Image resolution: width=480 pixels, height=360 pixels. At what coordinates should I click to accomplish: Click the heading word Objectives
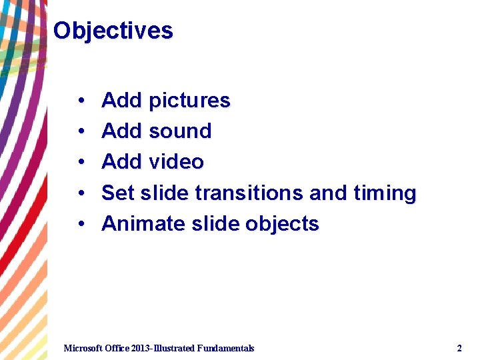tap(113, 31)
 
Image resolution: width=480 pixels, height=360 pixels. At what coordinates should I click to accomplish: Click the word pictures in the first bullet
tap(189, 101)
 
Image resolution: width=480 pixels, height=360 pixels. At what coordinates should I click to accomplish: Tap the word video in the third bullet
tap(176, 162)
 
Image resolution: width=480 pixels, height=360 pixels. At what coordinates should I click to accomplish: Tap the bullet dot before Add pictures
tap(79, 101)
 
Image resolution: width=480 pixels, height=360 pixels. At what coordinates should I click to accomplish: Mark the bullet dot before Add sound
tap(79, 132)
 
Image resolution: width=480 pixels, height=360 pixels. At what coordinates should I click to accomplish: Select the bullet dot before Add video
tap(79, 163)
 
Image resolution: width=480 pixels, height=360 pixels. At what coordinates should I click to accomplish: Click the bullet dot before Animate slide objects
tap(79, 225)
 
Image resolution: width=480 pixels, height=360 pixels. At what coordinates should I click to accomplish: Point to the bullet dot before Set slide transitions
tap(79, 194)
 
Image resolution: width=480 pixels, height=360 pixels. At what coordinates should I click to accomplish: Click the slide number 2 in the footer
tap(459, 348)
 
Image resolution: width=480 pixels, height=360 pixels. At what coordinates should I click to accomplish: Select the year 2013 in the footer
tap(142, 348)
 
